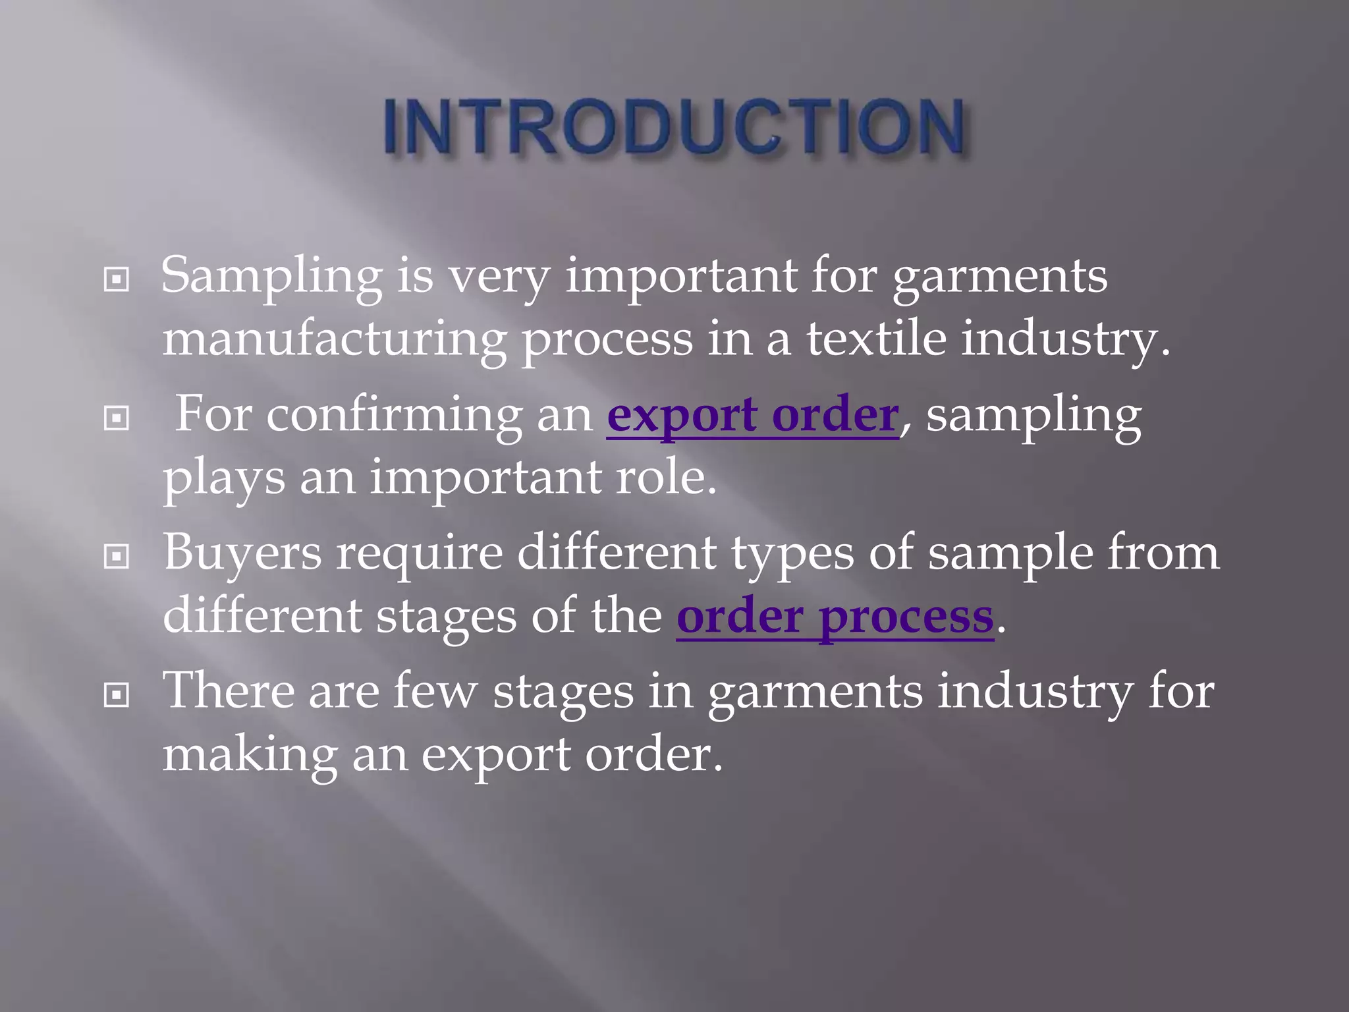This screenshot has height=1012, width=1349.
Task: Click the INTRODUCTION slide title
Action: (x=674, y=126)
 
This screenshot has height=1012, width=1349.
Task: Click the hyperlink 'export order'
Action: (x=752, y=416)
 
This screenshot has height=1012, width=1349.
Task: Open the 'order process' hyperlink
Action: (x=835, y=617)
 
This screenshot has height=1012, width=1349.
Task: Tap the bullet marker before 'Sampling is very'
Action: (x=117, y=280)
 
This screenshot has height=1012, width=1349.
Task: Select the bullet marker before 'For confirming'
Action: (x=117, y=418)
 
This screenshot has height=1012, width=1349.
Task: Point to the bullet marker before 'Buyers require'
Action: (x=117, y=557)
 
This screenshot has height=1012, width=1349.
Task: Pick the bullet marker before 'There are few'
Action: (x=117, y=694)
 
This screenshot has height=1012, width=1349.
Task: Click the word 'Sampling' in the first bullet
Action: (x=271, y=277)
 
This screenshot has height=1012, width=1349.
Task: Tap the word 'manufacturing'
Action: (x=334, y=340)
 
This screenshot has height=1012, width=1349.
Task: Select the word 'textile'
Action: (x=876, y=339)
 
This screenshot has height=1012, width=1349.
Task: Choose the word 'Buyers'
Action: (x=242, y=553)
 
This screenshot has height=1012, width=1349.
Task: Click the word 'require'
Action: (x=420, y=553)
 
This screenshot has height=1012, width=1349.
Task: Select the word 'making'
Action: (x=250, y=755)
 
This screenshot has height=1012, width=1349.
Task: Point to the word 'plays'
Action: (x=224, y=478)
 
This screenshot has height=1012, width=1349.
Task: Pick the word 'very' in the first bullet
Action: (x=499, y=277)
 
